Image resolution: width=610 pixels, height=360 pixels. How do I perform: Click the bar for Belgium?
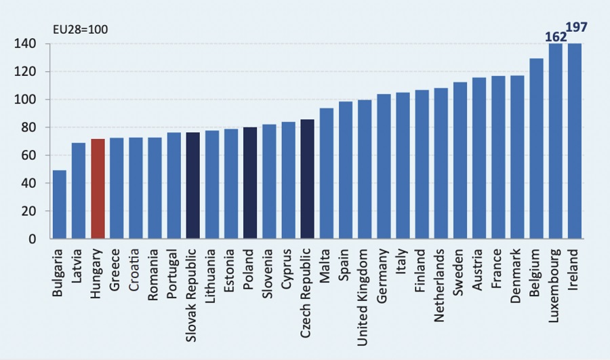click(536, 148)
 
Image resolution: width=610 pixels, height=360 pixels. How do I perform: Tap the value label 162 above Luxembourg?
click(555, 37)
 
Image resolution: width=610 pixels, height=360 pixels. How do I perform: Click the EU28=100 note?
click(81, 29)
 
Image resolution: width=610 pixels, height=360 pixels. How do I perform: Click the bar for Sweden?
click(460, 160)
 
